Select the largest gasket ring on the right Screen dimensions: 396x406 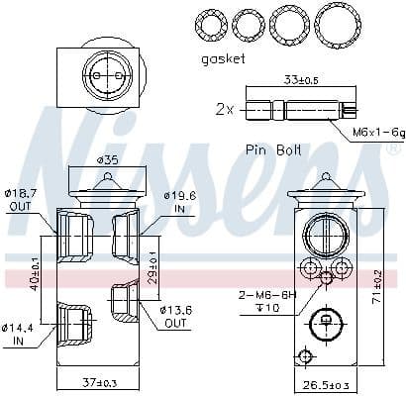click(338, 23)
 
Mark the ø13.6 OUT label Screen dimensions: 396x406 click(177, 317)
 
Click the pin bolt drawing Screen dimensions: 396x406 click(298, 109)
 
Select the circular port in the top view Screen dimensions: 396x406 click(104, 72)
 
